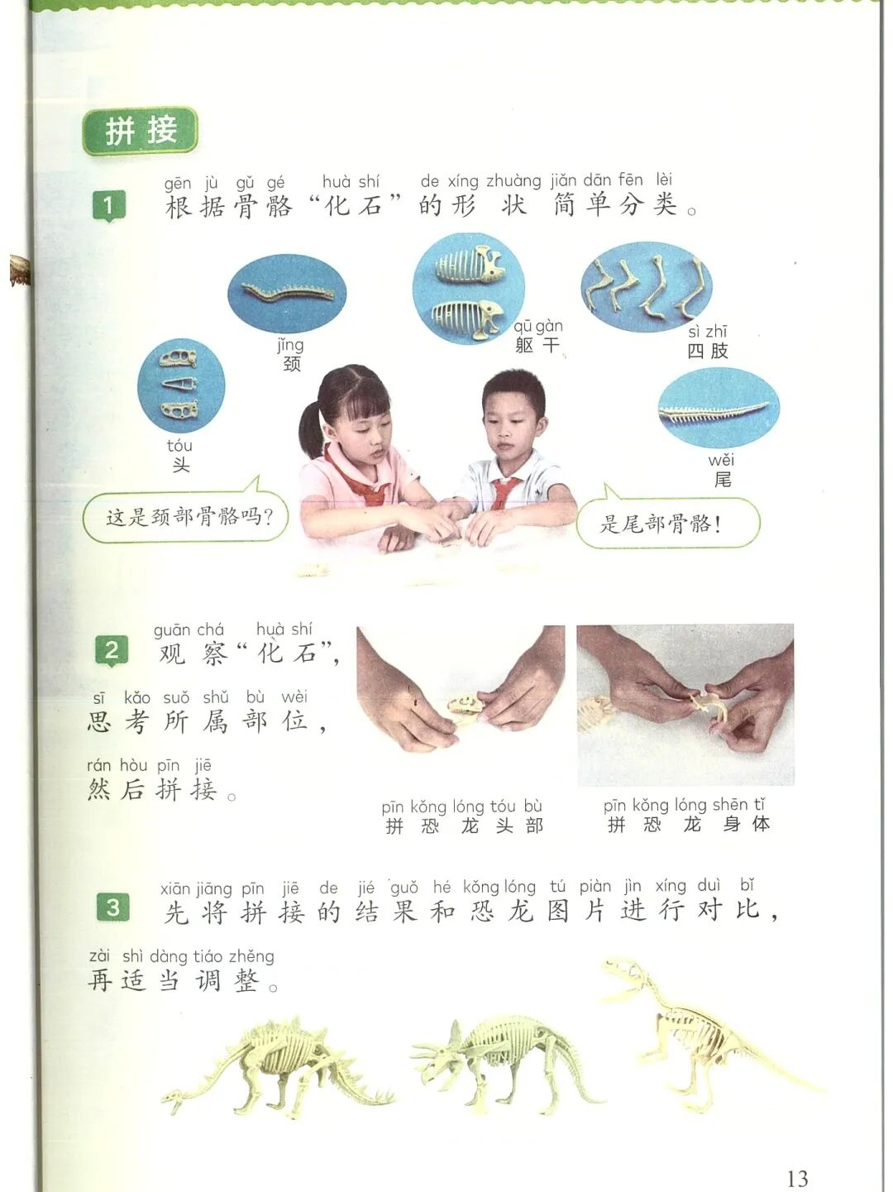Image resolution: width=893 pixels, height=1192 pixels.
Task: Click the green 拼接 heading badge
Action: [140, 131]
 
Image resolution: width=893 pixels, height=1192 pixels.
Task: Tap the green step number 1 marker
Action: [108, 206]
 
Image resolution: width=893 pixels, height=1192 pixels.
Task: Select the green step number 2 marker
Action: [112, 650]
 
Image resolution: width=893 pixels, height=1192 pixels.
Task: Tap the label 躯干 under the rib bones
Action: [537, 344]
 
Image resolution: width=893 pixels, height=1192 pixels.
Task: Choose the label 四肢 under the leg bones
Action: [707, 351]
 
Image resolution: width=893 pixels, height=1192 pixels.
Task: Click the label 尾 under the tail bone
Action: [722, 480]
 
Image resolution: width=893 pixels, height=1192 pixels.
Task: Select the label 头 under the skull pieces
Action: [181, 465]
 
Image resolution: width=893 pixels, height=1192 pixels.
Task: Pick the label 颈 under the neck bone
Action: [292, 363]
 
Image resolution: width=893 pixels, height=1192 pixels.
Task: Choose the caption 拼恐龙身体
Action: [688, 825]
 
